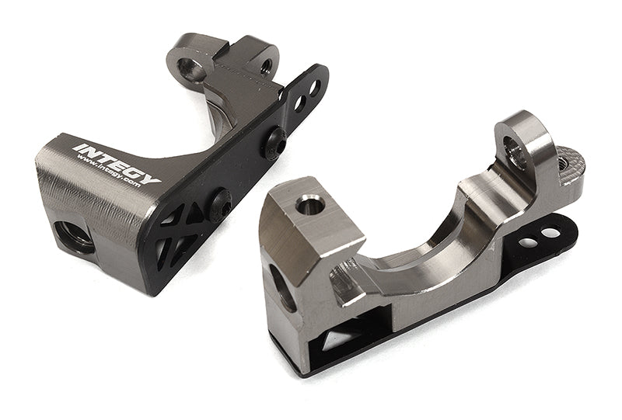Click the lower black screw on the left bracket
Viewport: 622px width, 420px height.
point(220,204)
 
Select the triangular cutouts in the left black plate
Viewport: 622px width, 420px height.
point(175,233)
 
